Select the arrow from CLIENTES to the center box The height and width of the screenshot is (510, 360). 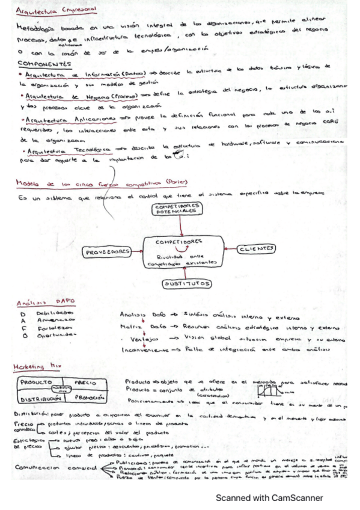228,248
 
